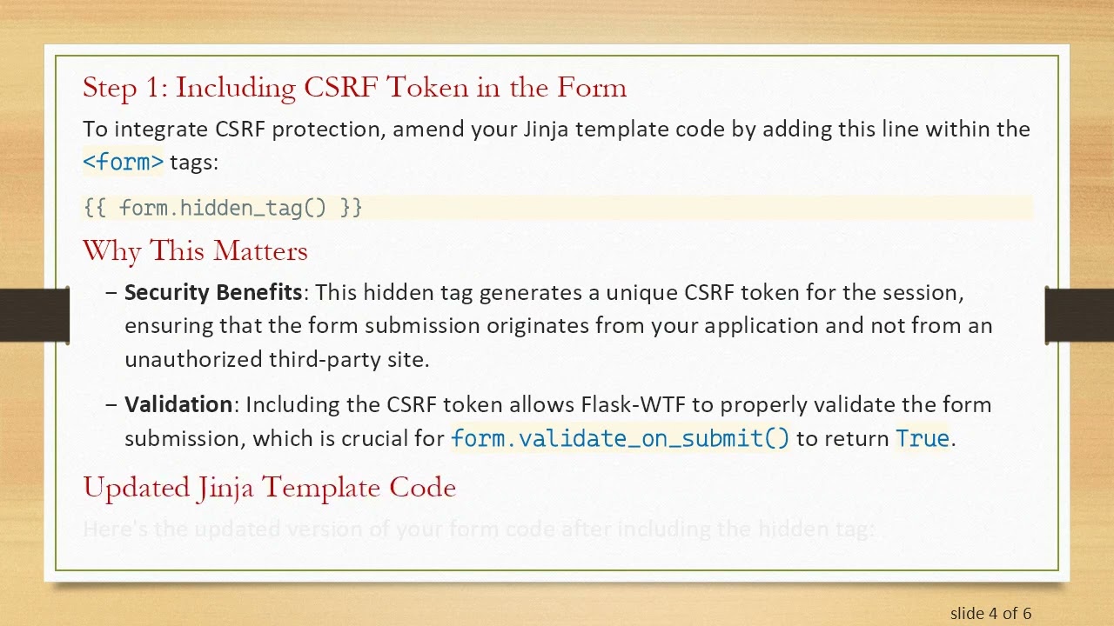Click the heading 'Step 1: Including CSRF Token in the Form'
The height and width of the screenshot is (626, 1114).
tap(354, 87)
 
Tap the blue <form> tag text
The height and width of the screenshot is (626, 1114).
tap(123, 162)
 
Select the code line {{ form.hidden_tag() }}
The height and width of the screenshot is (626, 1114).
tap(223, 208)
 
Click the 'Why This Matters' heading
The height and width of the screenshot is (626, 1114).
tap(195, 251)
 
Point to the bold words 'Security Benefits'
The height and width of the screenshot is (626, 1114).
tap(213, 292)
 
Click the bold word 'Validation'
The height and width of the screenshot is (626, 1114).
tap(178, 404)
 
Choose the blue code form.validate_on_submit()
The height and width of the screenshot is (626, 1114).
tap(620, 438)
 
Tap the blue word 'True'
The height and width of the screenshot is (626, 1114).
tap(923, 438)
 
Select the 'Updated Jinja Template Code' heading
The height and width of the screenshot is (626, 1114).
tap(269, 487)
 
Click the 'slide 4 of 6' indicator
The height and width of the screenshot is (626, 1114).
tap(990, 613)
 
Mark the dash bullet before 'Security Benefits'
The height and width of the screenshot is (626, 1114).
tap(111, 293)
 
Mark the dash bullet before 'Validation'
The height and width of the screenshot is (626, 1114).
tap(111, 405)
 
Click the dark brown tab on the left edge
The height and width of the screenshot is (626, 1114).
tap(34, 315)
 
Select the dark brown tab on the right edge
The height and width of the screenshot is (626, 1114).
tap(1079, 315)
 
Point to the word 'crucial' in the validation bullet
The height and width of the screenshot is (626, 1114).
tap(375, 438)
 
